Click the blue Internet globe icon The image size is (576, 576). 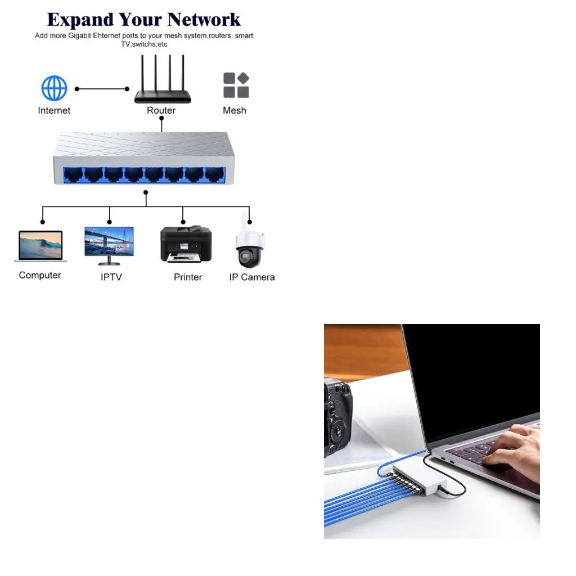pyautogui.click(x=54, y=88)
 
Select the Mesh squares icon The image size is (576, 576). pyautogui.click(x=236, y=85)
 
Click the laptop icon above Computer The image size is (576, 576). pyautogui.click(x=40, y=246)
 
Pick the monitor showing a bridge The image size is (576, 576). pyautogui.click(x=109, y=243)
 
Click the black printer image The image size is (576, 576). pyautogui.click(x=186, y=244)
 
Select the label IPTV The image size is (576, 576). pyautogui.click(x=111, y=277)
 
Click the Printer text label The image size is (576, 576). pyautogui.click(x=188, y=277)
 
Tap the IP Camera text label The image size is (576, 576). pyautogui.click(x=252, y=277)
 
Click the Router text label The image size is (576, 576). pyautogui.click(x=161, y=110)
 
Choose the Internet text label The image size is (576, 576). pyautogui.click(x=54, y=110)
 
